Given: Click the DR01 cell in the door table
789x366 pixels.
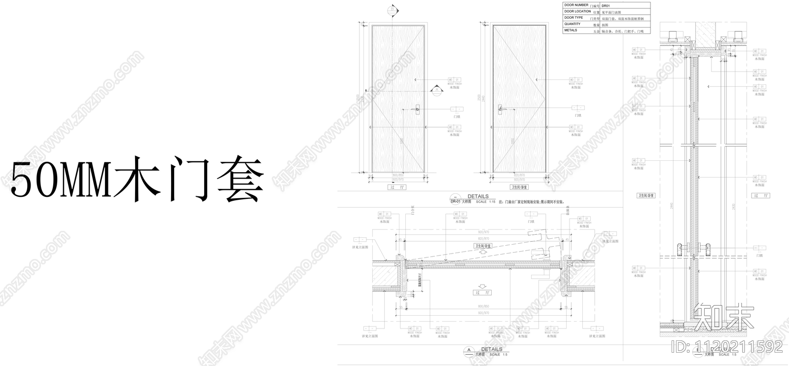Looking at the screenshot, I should (607, 5).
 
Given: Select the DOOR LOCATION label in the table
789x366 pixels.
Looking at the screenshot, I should (577, 11).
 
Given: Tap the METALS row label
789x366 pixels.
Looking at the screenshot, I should (571, 30).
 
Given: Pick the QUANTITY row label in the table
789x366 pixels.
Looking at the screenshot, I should (573, 24).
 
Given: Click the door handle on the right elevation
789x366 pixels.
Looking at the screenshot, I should (500, 109).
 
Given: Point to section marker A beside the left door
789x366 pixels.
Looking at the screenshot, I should (436, 90).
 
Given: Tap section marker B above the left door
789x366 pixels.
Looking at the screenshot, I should (392, 9).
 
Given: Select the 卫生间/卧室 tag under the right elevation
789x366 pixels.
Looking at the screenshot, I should (519, 187).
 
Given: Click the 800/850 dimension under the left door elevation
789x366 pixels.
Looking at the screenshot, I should (398, 176).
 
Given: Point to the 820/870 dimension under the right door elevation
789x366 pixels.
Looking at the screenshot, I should (519, 176).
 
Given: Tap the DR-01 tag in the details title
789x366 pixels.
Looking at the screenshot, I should (456, 202).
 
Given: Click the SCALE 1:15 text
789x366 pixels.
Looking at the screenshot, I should (486, 202).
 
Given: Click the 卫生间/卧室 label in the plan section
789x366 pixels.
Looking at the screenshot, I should (483, 246).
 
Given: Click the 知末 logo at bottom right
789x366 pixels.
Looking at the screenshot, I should (723, 318).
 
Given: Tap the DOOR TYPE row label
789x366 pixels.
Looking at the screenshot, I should (574, 18).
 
